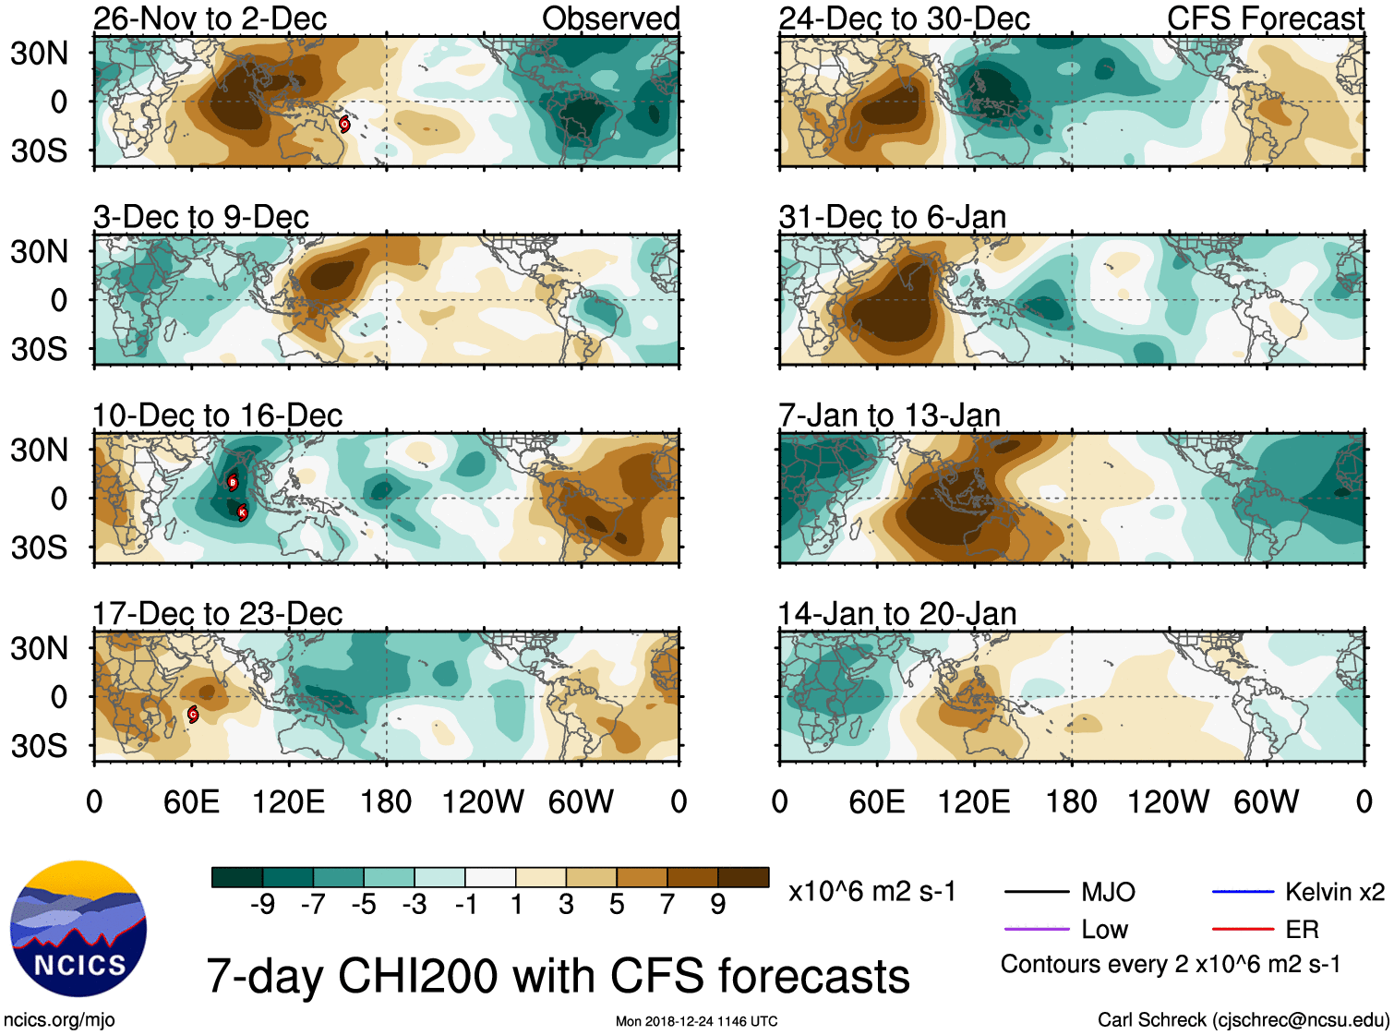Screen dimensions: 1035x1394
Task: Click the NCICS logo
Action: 78,929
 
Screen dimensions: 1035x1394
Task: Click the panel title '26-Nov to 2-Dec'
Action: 210,18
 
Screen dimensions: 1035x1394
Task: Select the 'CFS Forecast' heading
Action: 1265,18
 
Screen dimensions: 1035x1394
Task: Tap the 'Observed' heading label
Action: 610,18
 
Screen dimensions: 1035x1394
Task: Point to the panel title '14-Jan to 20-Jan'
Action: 896,614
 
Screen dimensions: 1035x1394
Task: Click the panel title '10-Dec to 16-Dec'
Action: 217,415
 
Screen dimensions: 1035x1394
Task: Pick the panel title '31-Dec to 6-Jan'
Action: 892,217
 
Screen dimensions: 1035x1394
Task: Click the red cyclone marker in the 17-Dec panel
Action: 193,714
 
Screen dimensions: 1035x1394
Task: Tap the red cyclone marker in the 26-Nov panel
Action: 344,124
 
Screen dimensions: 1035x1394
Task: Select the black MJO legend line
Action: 1036,892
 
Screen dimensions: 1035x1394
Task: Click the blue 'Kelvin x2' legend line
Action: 1243,892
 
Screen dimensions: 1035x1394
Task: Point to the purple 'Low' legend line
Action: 1036,929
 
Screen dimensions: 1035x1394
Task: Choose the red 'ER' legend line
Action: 1243,929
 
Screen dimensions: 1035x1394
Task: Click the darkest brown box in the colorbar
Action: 743,877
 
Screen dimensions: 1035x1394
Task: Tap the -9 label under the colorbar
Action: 262,905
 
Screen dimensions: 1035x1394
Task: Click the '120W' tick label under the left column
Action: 483,801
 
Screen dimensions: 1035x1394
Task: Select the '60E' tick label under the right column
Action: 876,801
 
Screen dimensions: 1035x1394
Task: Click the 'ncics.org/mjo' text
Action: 59,1019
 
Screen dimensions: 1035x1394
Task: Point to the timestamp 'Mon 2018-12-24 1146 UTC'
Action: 696,1021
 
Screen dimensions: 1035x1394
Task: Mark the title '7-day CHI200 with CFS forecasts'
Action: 558,976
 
